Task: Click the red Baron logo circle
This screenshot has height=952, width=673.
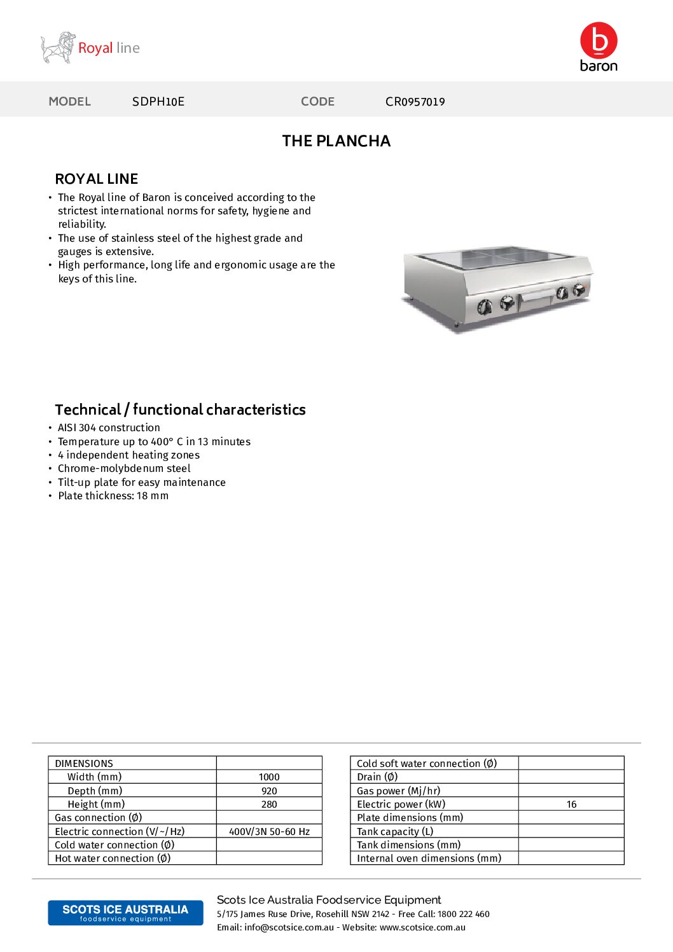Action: pos(599,40)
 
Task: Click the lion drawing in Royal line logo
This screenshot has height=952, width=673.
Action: pos(58,48)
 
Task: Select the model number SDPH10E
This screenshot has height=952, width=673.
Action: pos(158,102)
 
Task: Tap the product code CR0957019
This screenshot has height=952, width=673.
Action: pos(415,102)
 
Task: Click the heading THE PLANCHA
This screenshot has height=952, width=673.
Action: pos(336,141)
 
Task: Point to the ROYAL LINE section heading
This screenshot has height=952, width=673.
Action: pos(97,179)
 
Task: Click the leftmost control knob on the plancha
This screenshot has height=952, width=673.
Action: pos(485,308)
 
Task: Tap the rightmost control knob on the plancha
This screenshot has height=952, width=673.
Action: pos(579,290)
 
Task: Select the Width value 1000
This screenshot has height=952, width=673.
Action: pos(269,777)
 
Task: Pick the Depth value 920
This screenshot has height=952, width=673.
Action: pos(269,791)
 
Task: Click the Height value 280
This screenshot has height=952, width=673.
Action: pos(269,804)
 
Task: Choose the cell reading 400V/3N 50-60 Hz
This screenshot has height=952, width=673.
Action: pos(269,832)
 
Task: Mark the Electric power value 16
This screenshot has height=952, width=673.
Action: pos(571,804)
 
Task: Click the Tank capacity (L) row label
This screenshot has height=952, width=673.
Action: pos(395,832)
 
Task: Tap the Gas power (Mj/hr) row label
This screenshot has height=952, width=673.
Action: pos(398,791)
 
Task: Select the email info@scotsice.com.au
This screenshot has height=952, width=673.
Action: pos(289,928)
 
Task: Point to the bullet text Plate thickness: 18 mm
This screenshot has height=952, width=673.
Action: pos(113,496)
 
